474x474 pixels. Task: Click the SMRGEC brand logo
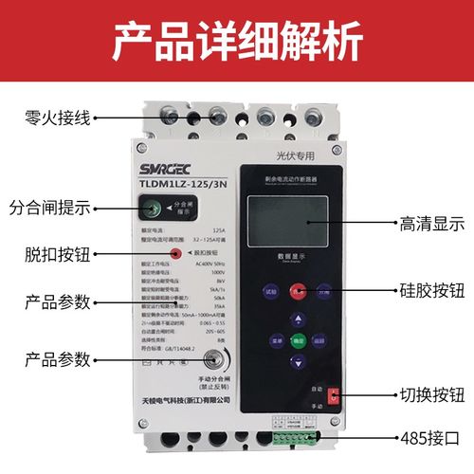(145, 174)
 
